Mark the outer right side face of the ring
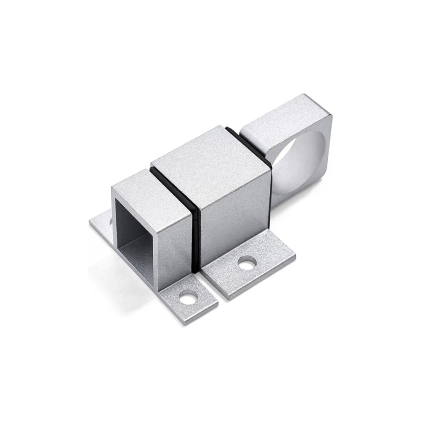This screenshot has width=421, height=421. click(326, 143)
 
